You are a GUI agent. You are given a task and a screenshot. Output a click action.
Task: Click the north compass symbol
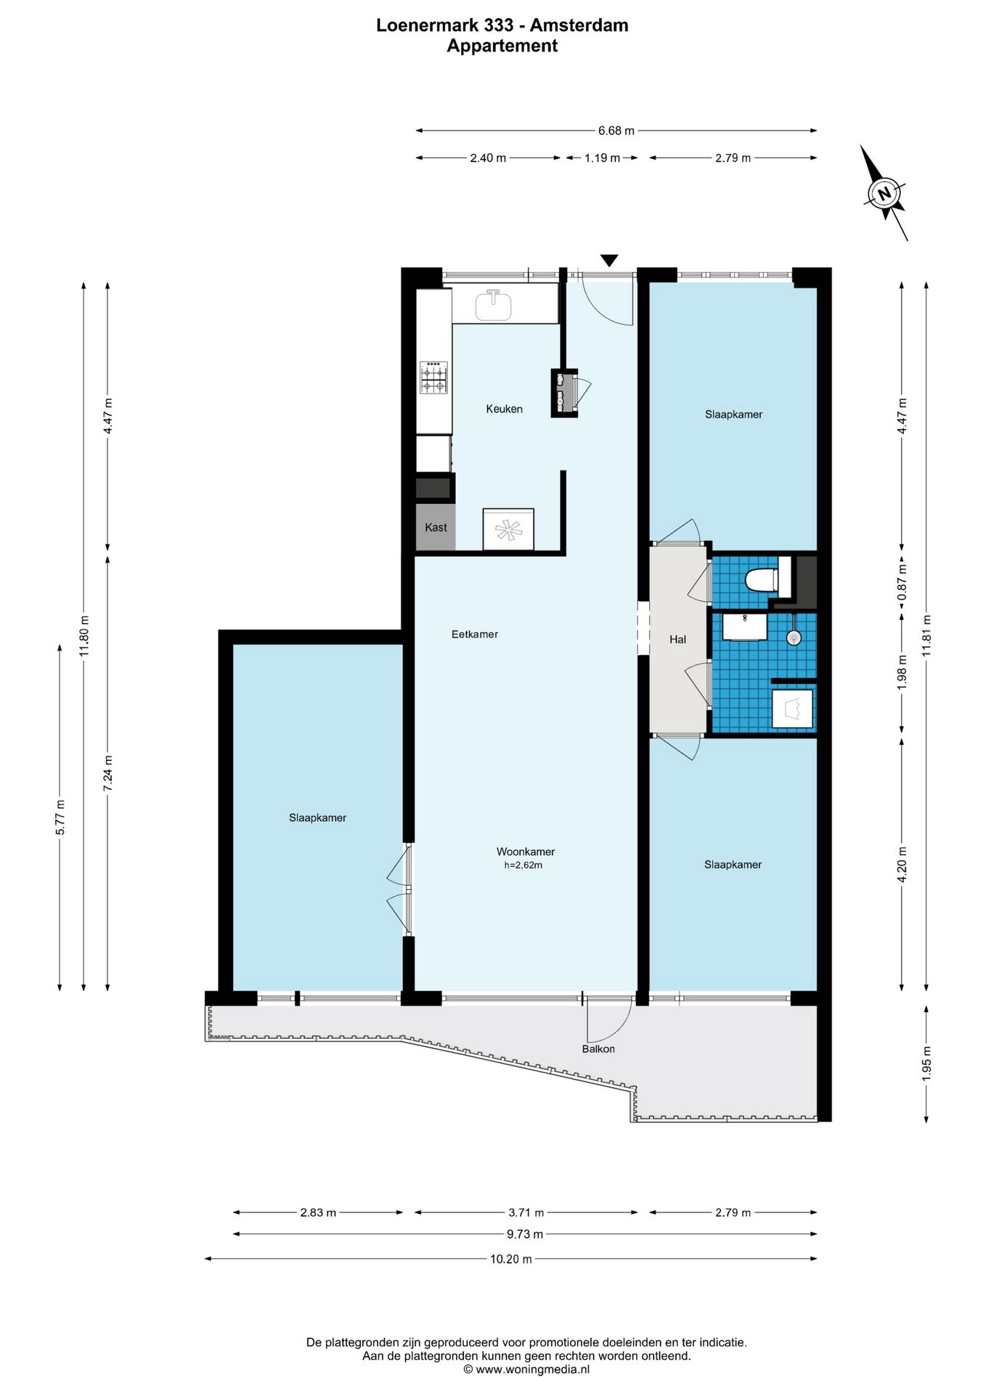pos(884,193)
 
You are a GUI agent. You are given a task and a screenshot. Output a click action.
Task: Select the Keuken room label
pos(504,409)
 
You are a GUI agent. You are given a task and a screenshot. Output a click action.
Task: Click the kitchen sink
pos(494,305)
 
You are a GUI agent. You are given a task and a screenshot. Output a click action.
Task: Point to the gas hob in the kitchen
pos(433,378)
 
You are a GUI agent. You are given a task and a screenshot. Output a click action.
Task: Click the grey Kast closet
pos(436,527)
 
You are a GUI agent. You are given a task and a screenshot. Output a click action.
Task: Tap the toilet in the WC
pos(762,580)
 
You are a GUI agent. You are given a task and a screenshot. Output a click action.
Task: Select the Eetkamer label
pos(475,634)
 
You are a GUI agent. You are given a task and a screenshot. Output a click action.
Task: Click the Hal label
pos(677,639)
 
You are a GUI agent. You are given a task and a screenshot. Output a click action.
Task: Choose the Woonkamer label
pos(526,852)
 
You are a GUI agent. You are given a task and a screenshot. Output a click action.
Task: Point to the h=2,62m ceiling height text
pos(523,865)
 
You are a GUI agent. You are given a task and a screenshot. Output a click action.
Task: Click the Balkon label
pos(598,1048)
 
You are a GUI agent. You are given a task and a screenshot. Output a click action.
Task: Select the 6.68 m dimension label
pos(616,131)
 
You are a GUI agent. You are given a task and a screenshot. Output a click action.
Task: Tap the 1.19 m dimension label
pos(602,158)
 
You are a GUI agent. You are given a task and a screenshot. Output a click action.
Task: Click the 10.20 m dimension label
pos(511,1259)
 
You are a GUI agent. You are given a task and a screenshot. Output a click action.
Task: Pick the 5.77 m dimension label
pos(60,817)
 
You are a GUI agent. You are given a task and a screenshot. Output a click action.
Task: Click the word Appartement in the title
pos(502,46)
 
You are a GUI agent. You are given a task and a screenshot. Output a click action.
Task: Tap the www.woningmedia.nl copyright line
pos(526,1369)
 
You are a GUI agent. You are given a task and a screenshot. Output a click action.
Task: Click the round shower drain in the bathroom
pos(794,637)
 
